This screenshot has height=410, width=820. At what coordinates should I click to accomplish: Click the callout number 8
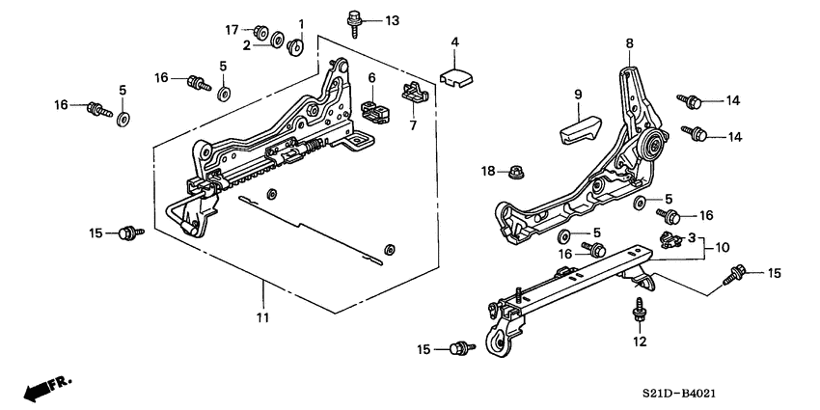629,43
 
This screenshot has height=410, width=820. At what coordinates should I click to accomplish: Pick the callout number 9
579,95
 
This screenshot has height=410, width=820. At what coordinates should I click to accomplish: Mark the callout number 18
489,171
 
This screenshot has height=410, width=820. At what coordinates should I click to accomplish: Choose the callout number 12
638,342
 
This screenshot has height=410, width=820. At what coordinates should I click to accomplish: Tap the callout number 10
723,247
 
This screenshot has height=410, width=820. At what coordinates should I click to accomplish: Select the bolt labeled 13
354,20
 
